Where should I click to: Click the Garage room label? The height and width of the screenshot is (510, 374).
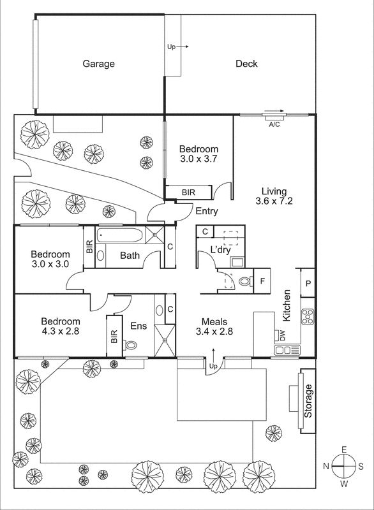pyautogui.click(x=98, y=64)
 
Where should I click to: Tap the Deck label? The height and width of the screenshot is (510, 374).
pyautogui.click(x=246, y=64)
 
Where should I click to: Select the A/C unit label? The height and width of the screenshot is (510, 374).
pyautogui.click(x=275, y=124)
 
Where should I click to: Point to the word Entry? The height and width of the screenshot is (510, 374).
pyautogui.click(x=207, y=212)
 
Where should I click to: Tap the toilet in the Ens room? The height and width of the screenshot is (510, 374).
pyautogui.click(x=132, y=346)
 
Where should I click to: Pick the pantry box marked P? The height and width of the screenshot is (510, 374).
pyautogui.click(x=308, y=284)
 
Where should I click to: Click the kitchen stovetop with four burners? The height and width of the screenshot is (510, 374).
pyautogui.click(x=307, y=316)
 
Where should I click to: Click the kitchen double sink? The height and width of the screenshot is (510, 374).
pyautogui.click(x=287, y=350)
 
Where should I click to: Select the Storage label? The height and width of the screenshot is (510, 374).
pyautogui.click(x=308, y=400)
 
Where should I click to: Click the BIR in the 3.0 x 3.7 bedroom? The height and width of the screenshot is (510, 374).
pyautogui.click(x=188, y=192)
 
